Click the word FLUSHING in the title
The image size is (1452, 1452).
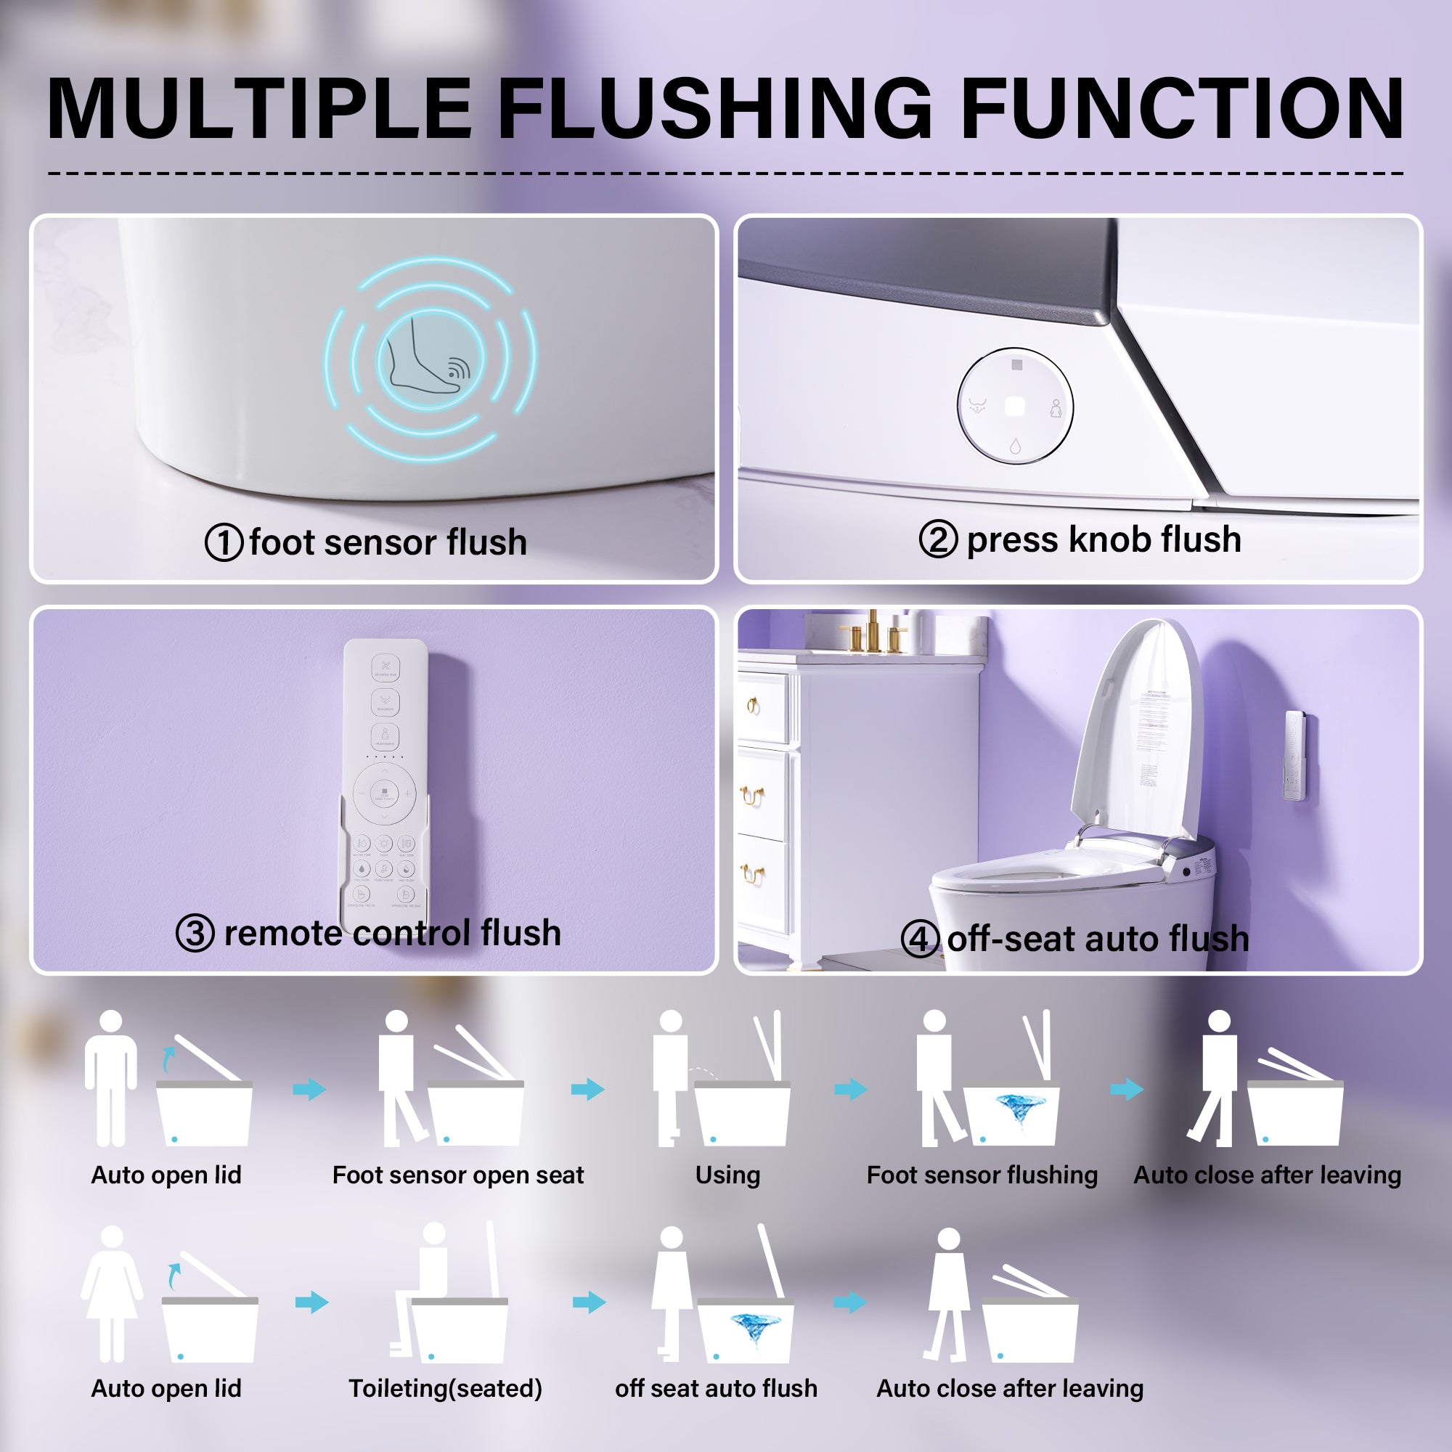point(714,109)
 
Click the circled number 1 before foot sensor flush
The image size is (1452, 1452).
point(223,542)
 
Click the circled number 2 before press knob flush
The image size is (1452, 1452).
point(938,539)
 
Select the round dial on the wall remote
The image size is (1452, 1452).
point(385,794)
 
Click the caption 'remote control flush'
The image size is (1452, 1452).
point(391,934)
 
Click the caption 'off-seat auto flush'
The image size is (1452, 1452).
point(1097,939)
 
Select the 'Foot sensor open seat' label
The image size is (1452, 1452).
point(457,1175)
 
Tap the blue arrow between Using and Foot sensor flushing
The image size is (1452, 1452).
point(851,1089)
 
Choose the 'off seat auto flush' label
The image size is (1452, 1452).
point(716,1389)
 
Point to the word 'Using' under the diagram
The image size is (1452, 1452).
point(727,1175)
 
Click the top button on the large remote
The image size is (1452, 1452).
point(385,667)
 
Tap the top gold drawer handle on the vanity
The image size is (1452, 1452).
point(752,705)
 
